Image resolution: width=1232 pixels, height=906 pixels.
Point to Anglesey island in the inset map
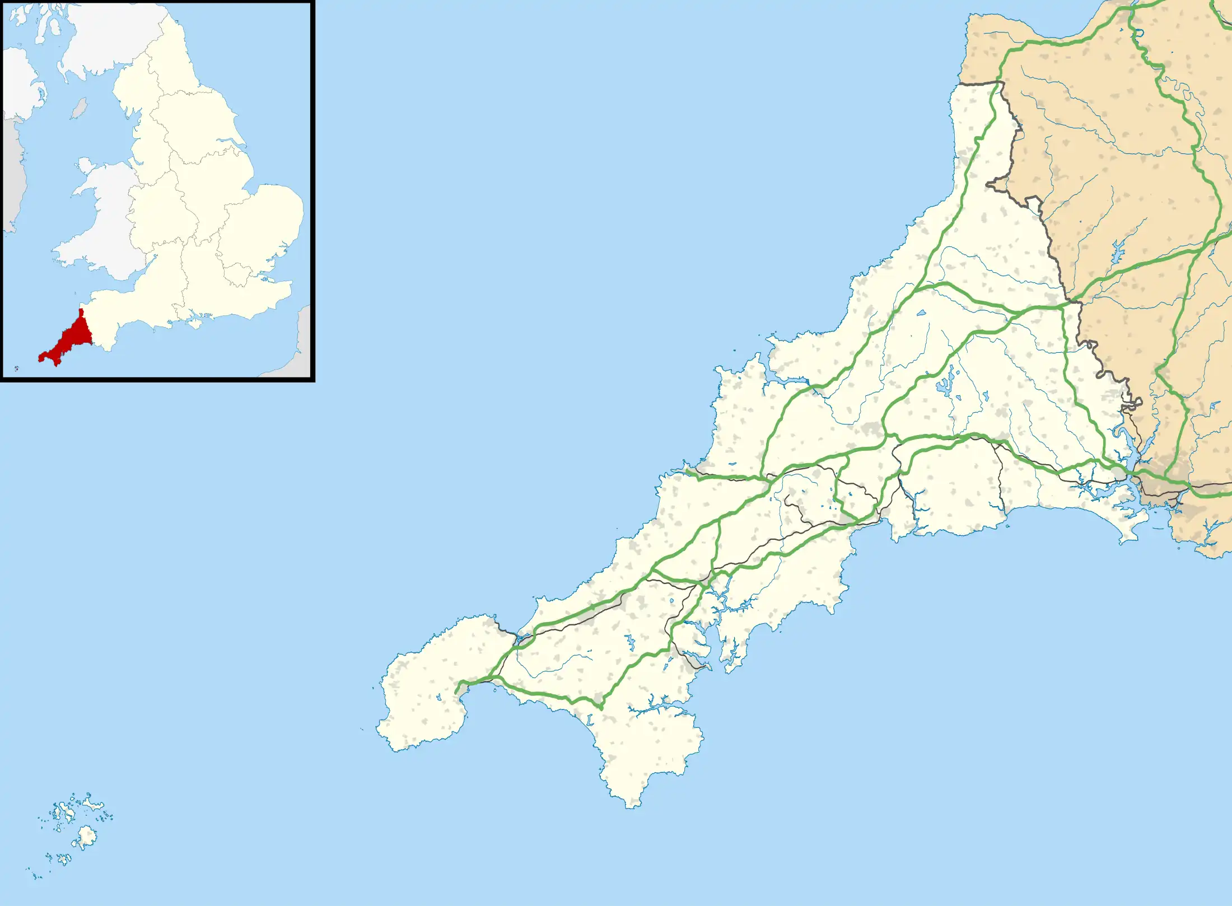pyautogui.click(x=86, y=166)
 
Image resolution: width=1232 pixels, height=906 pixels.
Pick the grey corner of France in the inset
pyautogui.click(x=303, y=342)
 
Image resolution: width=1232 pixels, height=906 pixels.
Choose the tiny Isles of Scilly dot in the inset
pyautogui.click(x=16, y=368)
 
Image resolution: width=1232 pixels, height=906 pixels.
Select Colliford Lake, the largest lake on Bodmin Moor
pyautogui.click(x=946, y=385)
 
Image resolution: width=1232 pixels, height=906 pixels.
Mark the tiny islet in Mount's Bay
pyautogui.click(x=495, y=689)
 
